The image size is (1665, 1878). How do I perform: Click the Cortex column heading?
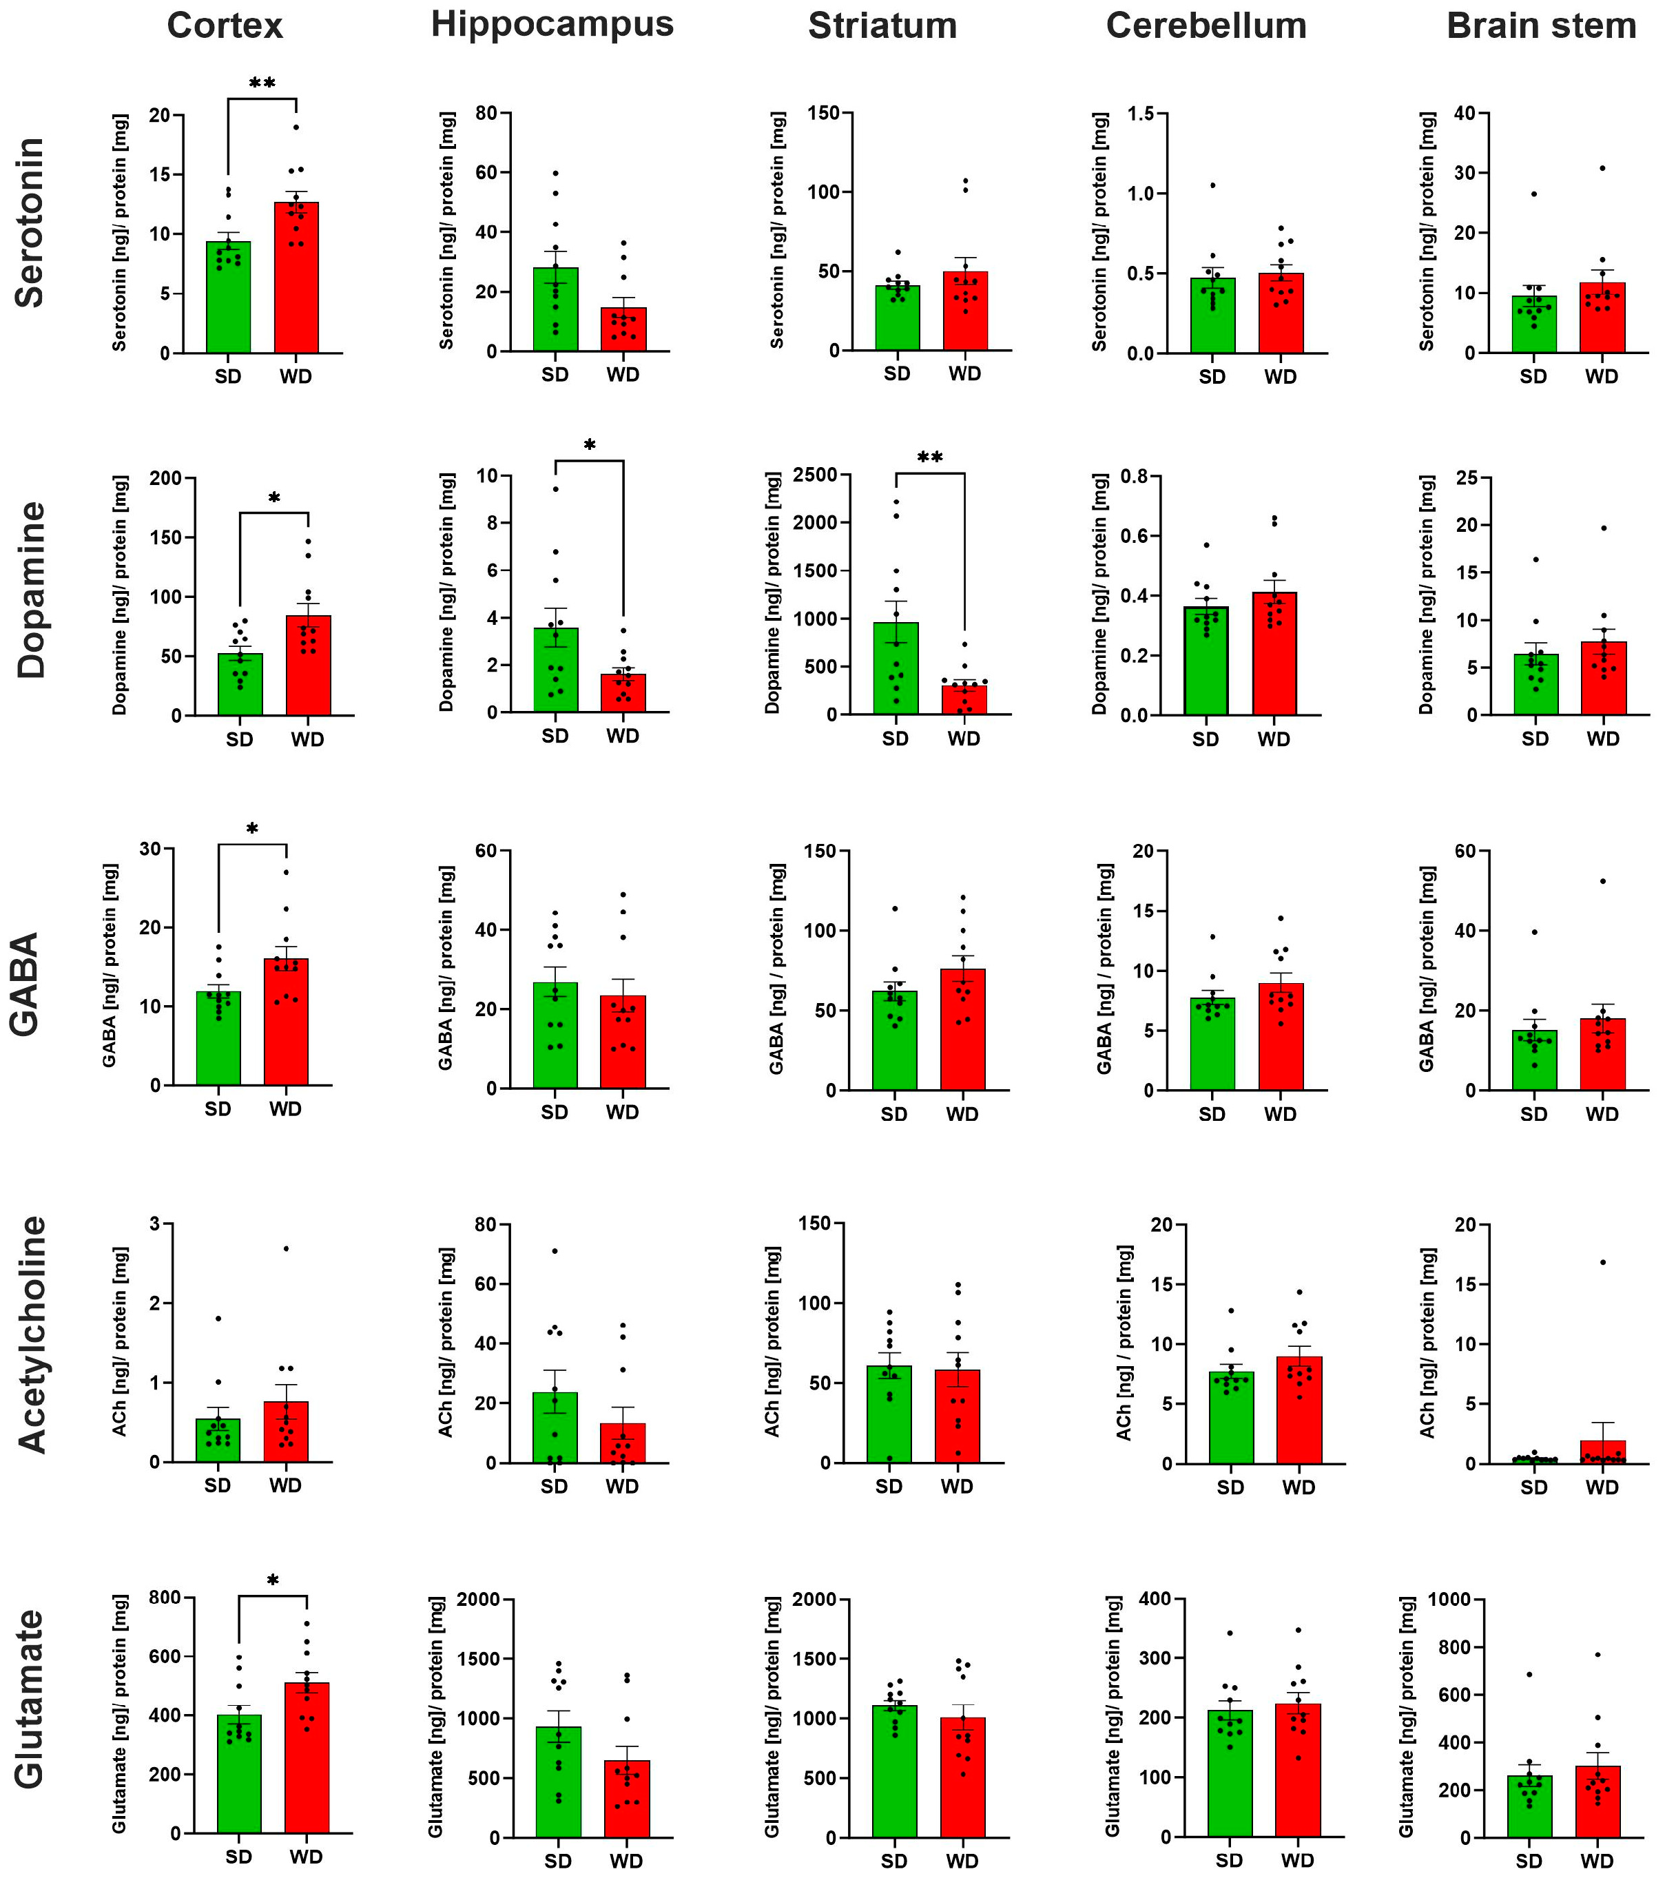(225, 25)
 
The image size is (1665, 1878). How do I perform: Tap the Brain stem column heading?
(1541, 25)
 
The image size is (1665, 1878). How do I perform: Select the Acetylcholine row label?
(32, 1335)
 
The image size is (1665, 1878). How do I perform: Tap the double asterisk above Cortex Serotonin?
(262, 83)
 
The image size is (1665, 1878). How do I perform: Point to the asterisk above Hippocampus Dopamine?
(589, 446)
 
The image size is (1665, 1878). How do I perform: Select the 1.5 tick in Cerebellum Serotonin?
(1142, 113)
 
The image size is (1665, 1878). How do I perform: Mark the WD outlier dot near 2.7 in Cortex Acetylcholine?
(286, 1248)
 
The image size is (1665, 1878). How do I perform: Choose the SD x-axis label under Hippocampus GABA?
(554, 1112)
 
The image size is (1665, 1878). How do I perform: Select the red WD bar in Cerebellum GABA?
(1281, 1038)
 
